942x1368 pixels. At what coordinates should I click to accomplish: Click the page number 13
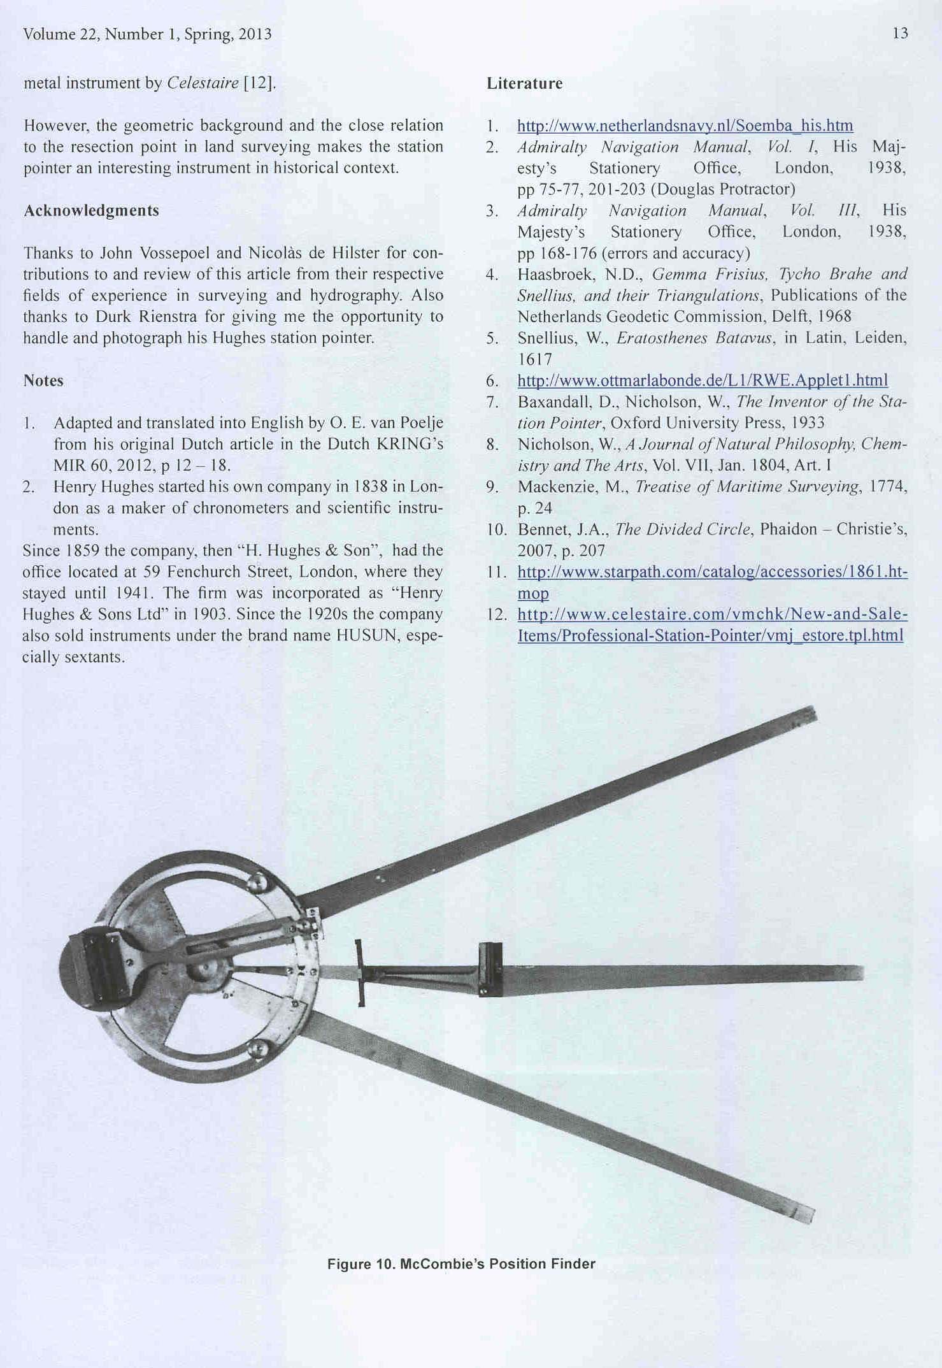coord(900,34)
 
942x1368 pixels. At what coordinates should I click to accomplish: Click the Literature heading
coord(524,83)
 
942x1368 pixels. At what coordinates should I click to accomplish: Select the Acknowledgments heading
coord(91,210)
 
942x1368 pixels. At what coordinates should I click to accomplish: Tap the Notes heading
coord(43,380)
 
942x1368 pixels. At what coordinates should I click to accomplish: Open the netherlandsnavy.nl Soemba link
coord(685,126)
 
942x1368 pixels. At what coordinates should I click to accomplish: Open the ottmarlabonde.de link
coord(702,380)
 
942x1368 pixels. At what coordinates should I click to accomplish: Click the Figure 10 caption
coord(461,1264)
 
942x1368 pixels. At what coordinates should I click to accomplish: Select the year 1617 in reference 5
coord(534,359)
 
